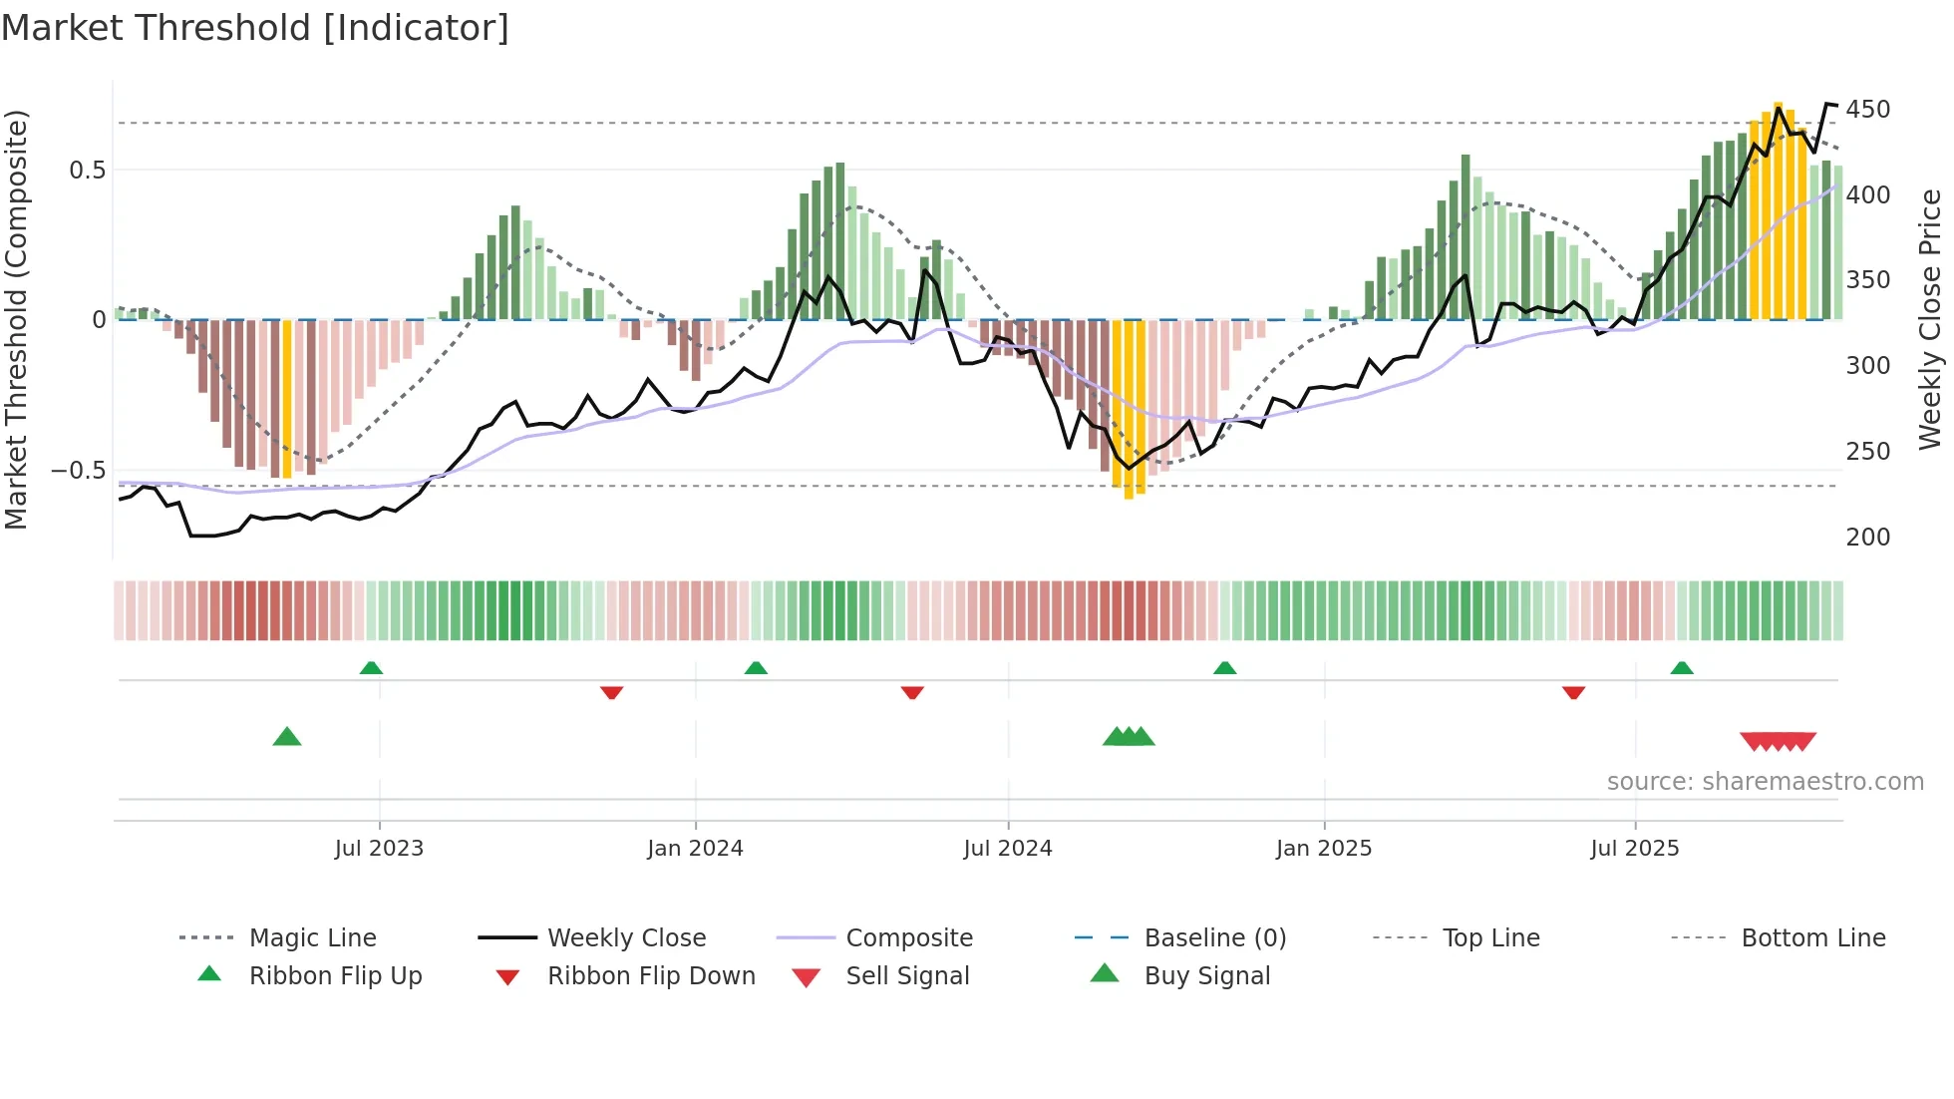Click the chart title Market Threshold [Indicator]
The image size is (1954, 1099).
[x=255, y=28]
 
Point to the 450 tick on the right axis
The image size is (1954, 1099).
[x=1867, y=110]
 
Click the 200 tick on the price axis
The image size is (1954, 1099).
[x=1867, y=538]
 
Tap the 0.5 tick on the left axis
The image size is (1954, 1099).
[x=87, y=171]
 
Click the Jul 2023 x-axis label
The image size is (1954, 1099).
[x=379, y=849]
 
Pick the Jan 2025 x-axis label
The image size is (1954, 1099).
[x=1323, y=849]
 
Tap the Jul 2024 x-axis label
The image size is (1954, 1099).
[x=1007, y=849]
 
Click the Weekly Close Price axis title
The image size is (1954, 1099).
[x=1930, y=319]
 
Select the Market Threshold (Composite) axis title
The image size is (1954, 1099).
[x=16, y=319]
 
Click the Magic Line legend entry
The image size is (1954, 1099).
[x=312, y=938]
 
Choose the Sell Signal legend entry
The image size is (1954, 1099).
[x=907, y=976]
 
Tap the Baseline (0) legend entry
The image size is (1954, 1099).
[x=1214, y=938]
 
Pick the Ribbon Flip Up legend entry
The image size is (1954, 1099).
[x=335, y=976]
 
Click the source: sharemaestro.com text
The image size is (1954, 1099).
[x=1765, y=782]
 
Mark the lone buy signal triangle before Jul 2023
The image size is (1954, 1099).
[x=287, y=738]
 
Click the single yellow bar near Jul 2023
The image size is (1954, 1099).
[x=287, y=399]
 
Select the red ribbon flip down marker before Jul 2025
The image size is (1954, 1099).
[x=1573, y=692]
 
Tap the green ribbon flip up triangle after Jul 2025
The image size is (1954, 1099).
[x=1682, y=668]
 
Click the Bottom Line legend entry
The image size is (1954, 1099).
[x=1812, y=938]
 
